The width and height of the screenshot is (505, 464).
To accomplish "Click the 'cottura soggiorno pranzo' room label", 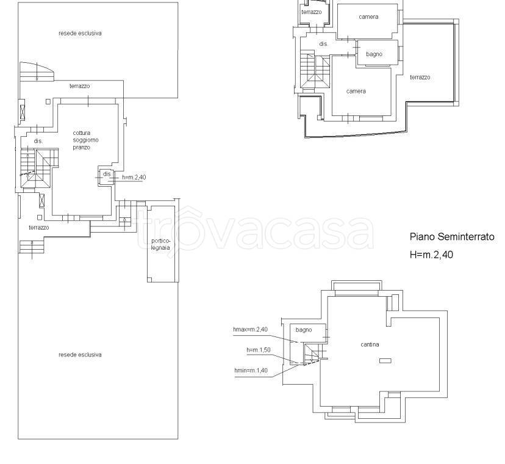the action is click(x=85, y=140).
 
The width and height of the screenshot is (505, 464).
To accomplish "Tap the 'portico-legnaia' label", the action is click(x=160, y=244).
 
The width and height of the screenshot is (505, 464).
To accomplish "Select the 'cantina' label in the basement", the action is click(x=370, y=344).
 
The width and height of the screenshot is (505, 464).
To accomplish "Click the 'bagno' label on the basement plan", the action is click(x=304, y=330).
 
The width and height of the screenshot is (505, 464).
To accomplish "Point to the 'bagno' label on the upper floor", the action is click(x=374, y=54).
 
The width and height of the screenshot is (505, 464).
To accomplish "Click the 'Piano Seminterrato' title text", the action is click(x=452, y=237).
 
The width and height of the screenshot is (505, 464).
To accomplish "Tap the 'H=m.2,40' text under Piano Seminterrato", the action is click(x=431, y=255).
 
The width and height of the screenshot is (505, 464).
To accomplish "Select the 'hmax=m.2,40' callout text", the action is click(x=250, y=329).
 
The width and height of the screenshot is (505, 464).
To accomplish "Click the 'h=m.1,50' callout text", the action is click(x=259, y=350).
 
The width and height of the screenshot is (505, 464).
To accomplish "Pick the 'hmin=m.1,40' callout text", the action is click(x=251, y=371).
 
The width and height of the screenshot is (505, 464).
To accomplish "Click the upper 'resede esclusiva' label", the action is click(x=80, y=33).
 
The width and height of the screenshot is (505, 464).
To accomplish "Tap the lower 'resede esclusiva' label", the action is click(x=80, y=355).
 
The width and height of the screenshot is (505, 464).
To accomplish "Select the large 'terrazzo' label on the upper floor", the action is click(x=420, y=78).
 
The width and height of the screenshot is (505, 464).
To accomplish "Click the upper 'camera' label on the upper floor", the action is click(x=368, y=16).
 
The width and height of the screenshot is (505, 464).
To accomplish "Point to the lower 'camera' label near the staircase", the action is click(x=356, y=91).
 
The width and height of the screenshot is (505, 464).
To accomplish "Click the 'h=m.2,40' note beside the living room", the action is click(x=134, y=177).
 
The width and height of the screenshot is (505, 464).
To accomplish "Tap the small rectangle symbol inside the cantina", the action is click(x=385, y=361).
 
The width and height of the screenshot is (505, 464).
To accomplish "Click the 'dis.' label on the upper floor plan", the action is click(x=323, y=44).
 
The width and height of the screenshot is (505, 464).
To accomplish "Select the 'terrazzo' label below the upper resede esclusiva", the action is click(x=79, y=86).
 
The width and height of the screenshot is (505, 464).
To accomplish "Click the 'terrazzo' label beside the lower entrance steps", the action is click(x=39, y=228).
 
